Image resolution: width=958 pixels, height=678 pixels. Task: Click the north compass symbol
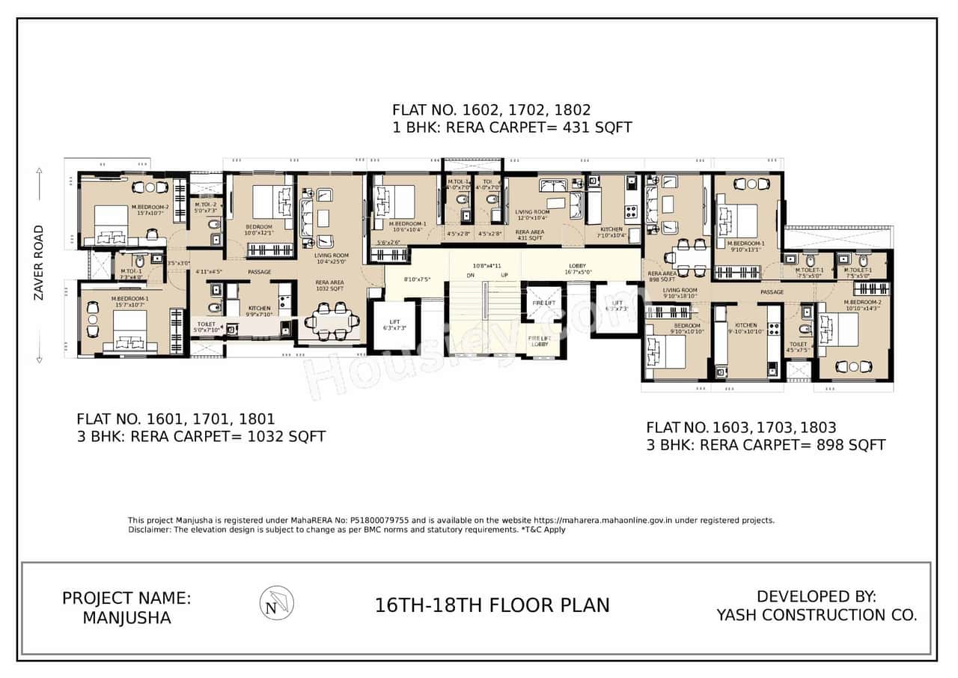(276, 603)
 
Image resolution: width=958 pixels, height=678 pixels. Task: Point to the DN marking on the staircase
(471, 276)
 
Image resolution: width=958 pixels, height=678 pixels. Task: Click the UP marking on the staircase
(504, 276)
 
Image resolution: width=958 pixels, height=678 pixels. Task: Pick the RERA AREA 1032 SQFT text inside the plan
(329, 285)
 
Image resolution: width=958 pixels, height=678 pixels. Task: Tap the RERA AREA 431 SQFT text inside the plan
(529, 235)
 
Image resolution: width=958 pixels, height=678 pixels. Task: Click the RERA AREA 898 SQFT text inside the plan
(662, 276)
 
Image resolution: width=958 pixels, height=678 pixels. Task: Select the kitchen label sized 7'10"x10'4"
(611, 232)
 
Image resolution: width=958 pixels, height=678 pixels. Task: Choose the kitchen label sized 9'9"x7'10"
(259, 312)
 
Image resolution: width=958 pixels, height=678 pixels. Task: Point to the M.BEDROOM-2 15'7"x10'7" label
(150, 210)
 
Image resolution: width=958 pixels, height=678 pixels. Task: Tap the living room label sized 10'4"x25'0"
(331, 258)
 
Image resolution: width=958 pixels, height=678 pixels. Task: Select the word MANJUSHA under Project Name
(126, 618)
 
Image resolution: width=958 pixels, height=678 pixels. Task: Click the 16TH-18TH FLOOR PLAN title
(492, 605)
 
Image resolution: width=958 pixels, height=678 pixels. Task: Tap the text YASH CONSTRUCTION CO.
(817, 615)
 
